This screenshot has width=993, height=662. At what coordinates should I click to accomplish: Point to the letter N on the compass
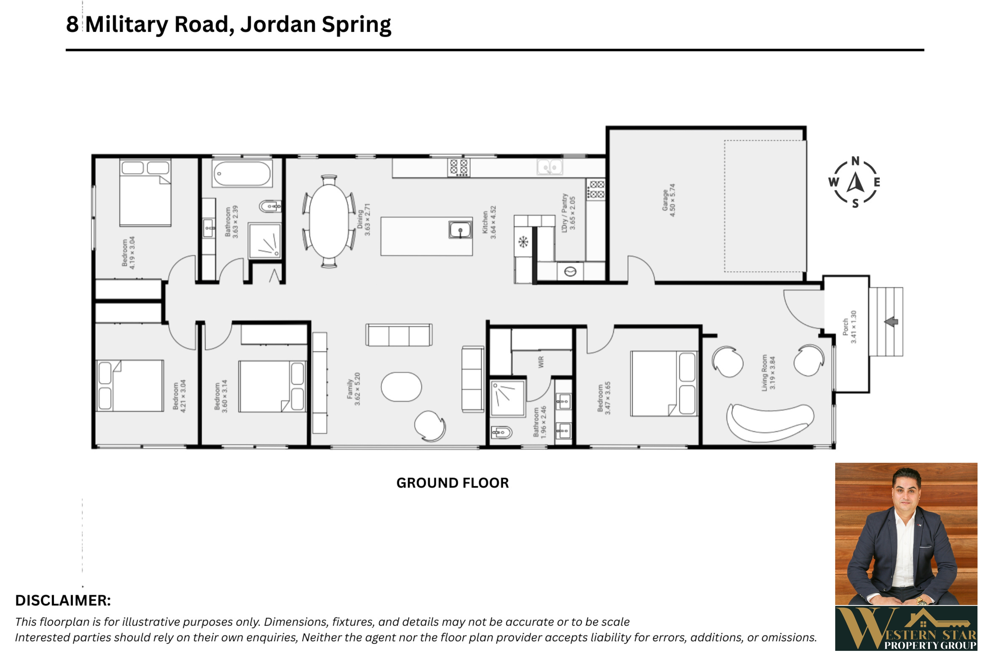pyautogui.click(x=855, y=161)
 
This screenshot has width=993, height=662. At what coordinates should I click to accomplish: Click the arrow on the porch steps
pyautogui.click(x=891, y=322)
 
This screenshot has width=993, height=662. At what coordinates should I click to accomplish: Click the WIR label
pyautogui.click(x=541, y=362)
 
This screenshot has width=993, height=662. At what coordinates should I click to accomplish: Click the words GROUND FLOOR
pyautogui.click(x=453, y=483)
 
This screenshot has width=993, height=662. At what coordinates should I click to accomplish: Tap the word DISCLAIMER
pyautogui.click(x=63, y=600)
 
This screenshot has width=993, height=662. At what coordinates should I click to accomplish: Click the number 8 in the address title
pyautogui.click(x=72, y=25)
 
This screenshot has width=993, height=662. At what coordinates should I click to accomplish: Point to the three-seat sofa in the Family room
pyautogui.click(x=399, y=335)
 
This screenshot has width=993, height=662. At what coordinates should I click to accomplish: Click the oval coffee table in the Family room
pyautogui.click(x=401, y=387)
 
